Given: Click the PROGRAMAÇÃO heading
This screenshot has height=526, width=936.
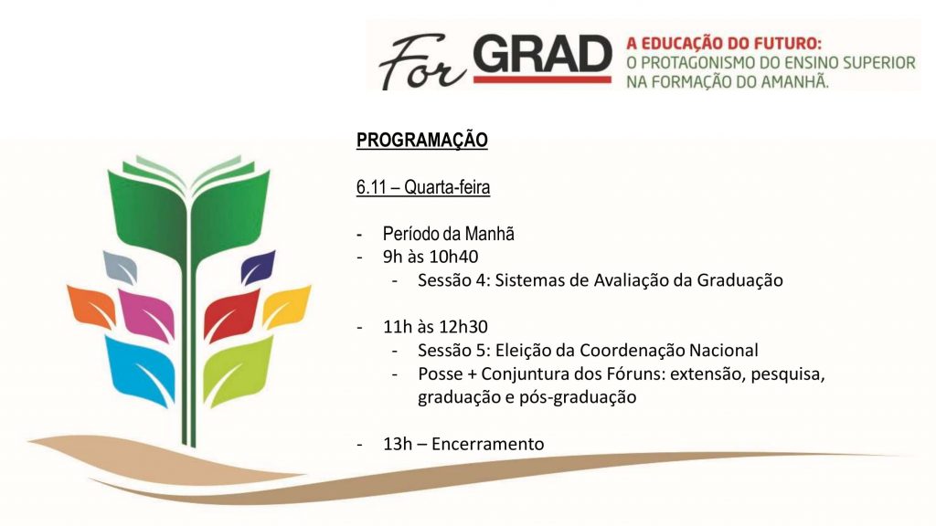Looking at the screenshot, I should click(421, 141).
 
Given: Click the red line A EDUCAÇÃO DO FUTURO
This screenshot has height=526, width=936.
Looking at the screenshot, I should click(724, 43).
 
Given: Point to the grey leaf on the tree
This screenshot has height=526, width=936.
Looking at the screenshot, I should click(120, 267).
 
